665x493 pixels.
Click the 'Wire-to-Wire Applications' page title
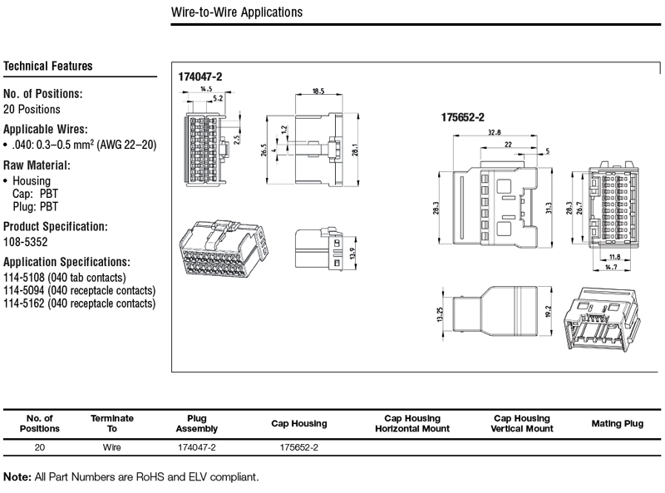click(237, 12)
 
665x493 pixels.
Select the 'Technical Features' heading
click(48, 67)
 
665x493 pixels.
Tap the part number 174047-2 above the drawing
click(200, 76)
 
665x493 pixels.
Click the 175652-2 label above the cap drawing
click(463, 117)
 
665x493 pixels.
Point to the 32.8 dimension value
click(494, 132)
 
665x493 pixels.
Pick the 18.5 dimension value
click(318, 91)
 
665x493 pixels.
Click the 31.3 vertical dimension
click(549, 208)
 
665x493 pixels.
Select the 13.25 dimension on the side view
click(440, 314)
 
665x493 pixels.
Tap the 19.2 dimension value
click(549, 312)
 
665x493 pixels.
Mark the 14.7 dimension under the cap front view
click(611, 268)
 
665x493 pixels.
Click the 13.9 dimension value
click(352, 254)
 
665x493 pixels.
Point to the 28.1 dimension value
click(355, 150)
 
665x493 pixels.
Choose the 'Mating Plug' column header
click(618, 423)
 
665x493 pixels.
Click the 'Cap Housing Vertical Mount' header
click(522, 423)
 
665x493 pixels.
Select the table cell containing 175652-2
click(299, 447)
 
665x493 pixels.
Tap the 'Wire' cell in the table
click(111, 447)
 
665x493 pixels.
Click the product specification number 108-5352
click(26, 242)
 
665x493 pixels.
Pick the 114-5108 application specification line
click(65, 278)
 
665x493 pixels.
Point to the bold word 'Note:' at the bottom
click(17, 477)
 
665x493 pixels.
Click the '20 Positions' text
click(32, 110)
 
